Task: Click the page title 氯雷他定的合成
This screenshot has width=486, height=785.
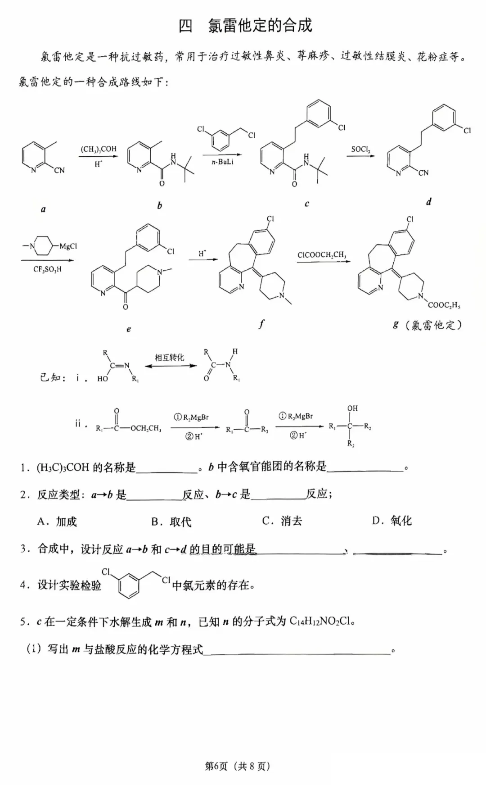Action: pos(260,26)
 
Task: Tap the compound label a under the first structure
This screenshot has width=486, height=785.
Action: pos(43,209)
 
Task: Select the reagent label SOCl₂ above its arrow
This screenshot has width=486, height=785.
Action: pos(361,149)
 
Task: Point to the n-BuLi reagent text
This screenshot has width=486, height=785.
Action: pos(222,162)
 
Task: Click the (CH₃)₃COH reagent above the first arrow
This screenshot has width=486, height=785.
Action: pos(99,149)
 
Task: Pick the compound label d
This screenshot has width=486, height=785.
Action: pos(428,202)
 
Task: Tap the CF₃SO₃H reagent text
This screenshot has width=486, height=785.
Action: pos(47,269)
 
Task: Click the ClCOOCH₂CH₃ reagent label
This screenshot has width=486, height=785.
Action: pos(322,255)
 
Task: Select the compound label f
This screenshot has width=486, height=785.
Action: pos(261,323)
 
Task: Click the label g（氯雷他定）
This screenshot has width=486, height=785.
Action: pos(427,324)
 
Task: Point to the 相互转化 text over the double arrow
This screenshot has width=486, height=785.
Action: pos(169,358)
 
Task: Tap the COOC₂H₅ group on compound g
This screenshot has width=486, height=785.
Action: pos(444,305)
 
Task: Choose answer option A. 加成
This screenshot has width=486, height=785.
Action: pos(57,522)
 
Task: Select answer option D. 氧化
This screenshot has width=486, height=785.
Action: pos(391,521)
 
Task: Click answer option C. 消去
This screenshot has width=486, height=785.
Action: pos(282,521)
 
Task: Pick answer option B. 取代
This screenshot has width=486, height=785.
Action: pos(171,522)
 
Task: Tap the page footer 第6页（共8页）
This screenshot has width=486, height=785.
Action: pos(238,766)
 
